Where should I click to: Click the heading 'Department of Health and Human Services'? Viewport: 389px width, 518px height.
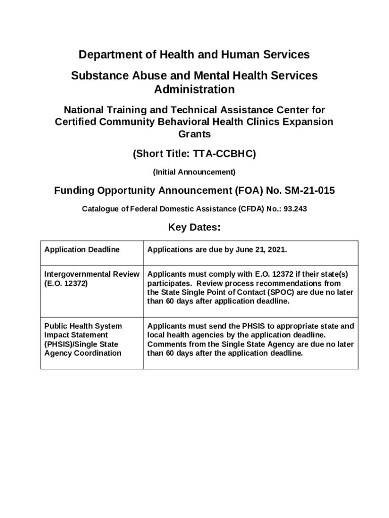tap(194, 55)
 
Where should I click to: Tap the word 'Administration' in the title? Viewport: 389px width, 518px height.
tap(194, 90)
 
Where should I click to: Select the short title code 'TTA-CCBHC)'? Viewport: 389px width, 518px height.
tap(227, 154)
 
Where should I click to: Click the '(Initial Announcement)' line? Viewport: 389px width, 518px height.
tap(194, 172)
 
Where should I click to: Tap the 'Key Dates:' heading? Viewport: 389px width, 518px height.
tap(194, 227)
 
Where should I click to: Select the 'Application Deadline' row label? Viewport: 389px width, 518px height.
tap(82, 249)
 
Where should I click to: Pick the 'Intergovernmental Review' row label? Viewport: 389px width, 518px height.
tap(91, 274)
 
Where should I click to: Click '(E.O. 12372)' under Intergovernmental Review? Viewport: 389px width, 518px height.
tap(66, 283)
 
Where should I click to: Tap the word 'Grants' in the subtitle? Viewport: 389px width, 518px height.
tap(194, 135)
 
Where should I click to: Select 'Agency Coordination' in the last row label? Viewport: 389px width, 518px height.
tap(83, 353)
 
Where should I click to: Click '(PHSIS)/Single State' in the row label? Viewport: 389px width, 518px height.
tap(81, 344)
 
